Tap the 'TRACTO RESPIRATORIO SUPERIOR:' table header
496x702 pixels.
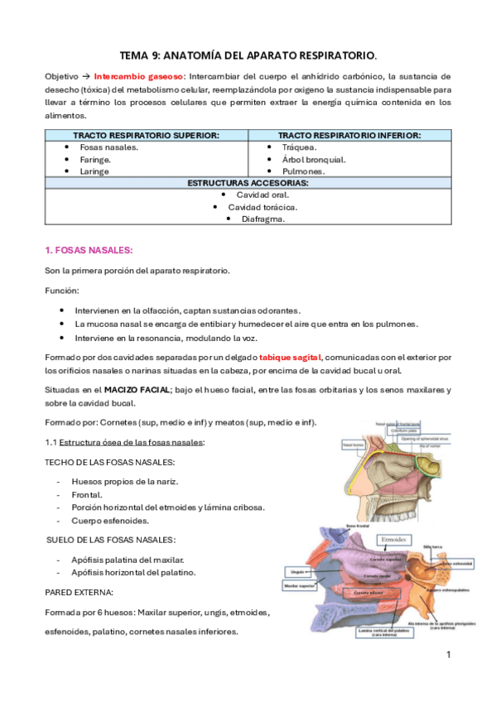[x=146, y=135]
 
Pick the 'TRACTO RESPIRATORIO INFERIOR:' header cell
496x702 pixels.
[x=349, y=135]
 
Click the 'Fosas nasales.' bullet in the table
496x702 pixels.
[x=107, y=147]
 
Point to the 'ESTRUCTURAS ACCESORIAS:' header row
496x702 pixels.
[x=248, y=182]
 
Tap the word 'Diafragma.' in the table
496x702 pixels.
[x=262, y=219]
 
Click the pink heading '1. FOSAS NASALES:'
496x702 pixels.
[x=89, y=250]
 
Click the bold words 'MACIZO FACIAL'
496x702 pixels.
[x=137, y=389]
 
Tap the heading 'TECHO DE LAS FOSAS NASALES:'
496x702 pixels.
[x=109, y=462]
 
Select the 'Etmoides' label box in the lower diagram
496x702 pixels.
[x=391, y=539]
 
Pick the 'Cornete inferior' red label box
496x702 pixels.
[x=370, y=593]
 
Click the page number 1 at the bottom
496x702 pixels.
[x=447, y=655]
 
